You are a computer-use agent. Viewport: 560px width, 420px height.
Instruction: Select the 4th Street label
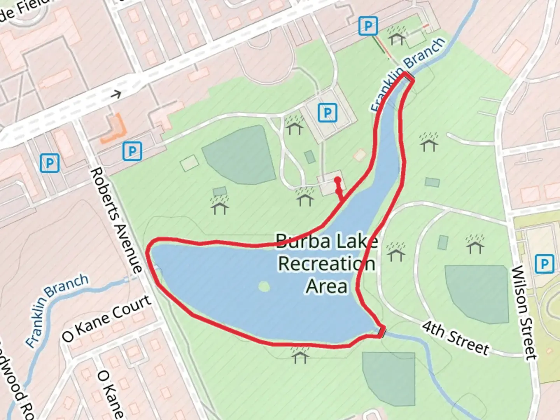pos(455,338)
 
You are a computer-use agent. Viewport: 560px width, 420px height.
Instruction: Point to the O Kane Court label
pos(106,318)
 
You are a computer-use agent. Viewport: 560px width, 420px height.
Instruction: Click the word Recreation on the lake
pos(327,264)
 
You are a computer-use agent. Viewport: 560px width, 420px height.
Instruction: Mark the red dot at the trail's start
pos(338,180)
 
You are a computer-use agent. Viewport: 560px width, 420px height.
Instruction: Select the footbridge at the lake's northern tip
pos(409,77)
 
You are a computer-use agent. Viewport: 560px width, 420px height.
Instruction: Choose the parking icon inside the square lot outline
pos(327,113)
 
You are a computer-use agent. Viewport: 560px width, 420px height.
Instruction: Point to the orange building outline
pos(113,129)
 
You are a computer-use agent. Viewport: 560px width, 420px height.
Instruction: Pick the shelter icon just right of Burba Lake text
pos(396,252)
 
